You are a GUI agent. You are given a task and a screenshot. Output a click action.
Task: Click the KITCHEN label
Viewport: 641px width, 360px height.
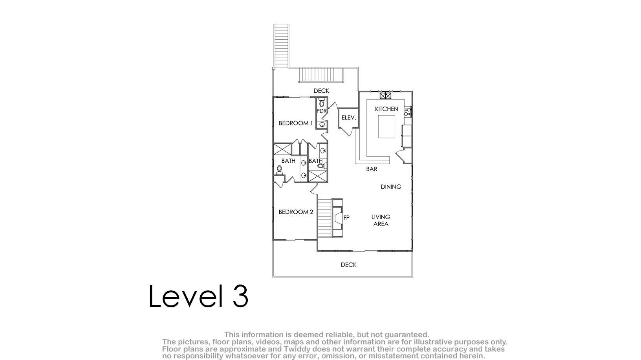pyautogui.click(x=386, y=109)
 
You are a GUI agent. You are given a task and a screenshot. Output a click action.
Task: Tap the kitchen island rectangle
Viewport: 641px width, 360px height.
pyautogui.click(x=386, y=127)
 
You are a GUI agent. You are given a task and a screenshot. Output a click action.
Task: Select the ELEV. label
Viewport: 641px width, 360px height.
pyautogui.click(x=349, y=118)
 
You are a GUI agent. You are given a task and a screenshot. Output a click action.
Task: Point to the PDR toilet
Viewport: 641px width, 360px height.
pyautogui.click(x=322, y=103)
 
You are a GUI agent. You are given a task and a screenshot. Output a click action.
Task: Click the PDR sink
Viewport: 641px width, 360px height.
pyautogui.click(x=322, y=124)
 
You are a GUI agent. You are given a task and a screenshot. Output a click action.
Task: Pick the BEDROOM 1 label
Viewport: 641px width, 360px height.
pyautogui.click(x=296, y=123)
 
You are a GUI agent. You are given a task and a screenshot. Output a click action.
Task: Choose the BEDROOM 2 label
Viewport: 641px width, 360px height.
pyautogui.click(x=296, y=212)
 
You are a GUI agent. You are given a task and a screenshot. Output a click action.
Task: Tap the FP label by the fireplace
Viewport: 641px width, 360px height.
pyautogui.click(x=346, y=218)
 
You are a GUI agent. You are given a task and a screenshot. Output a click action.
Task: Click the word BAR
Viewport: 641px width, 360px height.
pyautogui.click(x=372, y=169)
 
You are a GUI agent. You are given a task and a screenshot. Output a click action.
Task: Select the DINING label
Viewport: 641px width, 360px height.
pyautogui.click(x=391, y=187)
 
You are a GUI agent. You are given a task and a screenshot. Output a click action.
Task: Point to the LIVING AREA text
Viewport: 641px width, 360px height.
pyautogui.click(x=381, y=220)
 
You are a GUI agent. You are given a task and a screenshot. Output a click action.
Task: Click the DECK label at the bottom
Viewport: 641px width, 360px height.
pyautogui.click(x=348, y=265)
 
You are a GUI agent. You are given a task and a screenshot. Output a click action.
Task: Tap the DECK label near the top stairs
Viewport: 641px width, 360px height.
pyautogui.click(x=321, y=91)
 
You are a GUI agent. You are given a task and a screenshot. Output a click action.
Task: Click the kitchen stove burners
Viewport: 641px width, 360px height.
pyautogui.click(x=408, y=112)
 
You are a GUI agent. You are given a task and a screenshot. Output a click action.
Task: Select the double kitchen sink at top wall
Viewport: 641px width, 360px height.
pyautogui.click(x=385, y=96)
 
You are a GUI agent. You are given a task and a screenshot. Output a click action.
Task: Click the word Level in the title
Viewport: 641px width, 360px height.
pyautogui.click(x=186, y=296)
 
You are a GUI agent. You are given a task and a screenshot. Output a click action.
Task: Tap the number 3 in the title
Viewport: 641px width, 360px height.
pyautogui.click(x=240, y=296)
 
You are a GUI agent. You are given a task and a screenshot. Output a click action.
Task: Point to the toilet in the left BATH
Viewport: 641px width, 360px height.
pyautogui.click(x=279, y=170)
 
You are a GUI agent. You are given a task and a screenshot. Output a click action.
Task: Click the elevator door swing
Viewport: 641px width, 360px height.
pyautogui.click(x=347, y=131)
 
